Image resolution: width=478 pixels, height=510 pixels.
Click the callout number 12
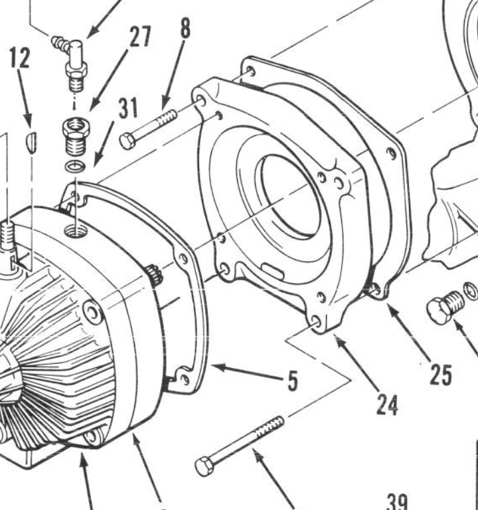click(19, 58)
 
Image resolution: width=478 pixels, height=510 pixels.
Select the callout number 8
click(184, 29)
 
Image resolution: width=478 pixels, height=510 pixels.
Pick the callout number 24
click(386, 403)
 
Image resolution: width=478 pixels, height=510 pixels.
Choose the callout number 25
click(440, 375)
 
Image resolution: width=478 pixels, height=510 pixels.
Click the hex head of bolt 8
click(128, 141)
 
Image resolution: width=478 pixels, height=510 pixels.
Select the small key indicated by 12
click(31, 141)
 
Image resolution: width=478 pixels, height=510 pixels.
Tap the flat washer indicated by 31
click(75, 166)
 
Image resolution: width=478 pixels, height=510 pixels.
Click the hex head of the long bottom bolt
click(205, 466)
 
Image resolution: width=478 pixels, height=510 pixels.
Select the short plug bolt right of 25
click(443, 307)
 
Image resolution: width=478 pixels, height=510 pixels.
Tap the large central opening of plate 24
click(289, 196)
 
